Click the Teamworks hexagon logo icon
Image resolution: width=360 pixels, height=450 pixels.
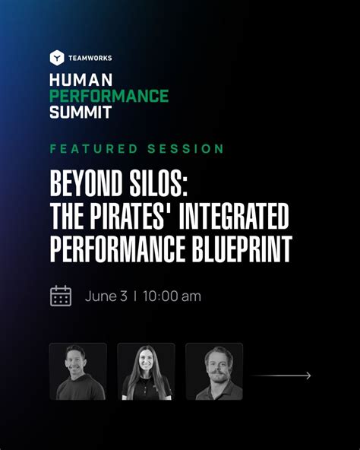click(56, 58)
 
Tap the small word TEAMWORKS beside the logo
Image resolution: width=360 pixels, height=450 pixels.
click(90, 58)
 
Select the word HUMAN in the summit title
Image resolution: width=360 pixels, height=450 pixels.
click(81, 79)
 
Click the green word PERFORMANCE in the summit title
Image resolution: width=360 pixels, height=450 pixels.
click(109, 96)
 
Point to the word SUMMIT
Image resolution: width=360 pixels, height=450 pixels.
click(81, 112)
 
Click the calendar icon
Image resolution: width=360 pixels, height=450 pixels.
click(61, 296)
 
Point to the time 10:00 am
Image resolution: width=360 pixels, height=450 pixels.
click(172, 296)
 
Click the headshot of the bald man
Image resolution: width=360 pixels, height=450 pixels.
click(77, 371)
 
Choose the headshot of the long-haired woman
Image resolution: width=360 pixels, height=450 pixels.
click(146, 371)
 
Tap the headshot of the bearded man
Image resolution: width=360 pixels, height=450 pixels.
click(214, 371)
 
